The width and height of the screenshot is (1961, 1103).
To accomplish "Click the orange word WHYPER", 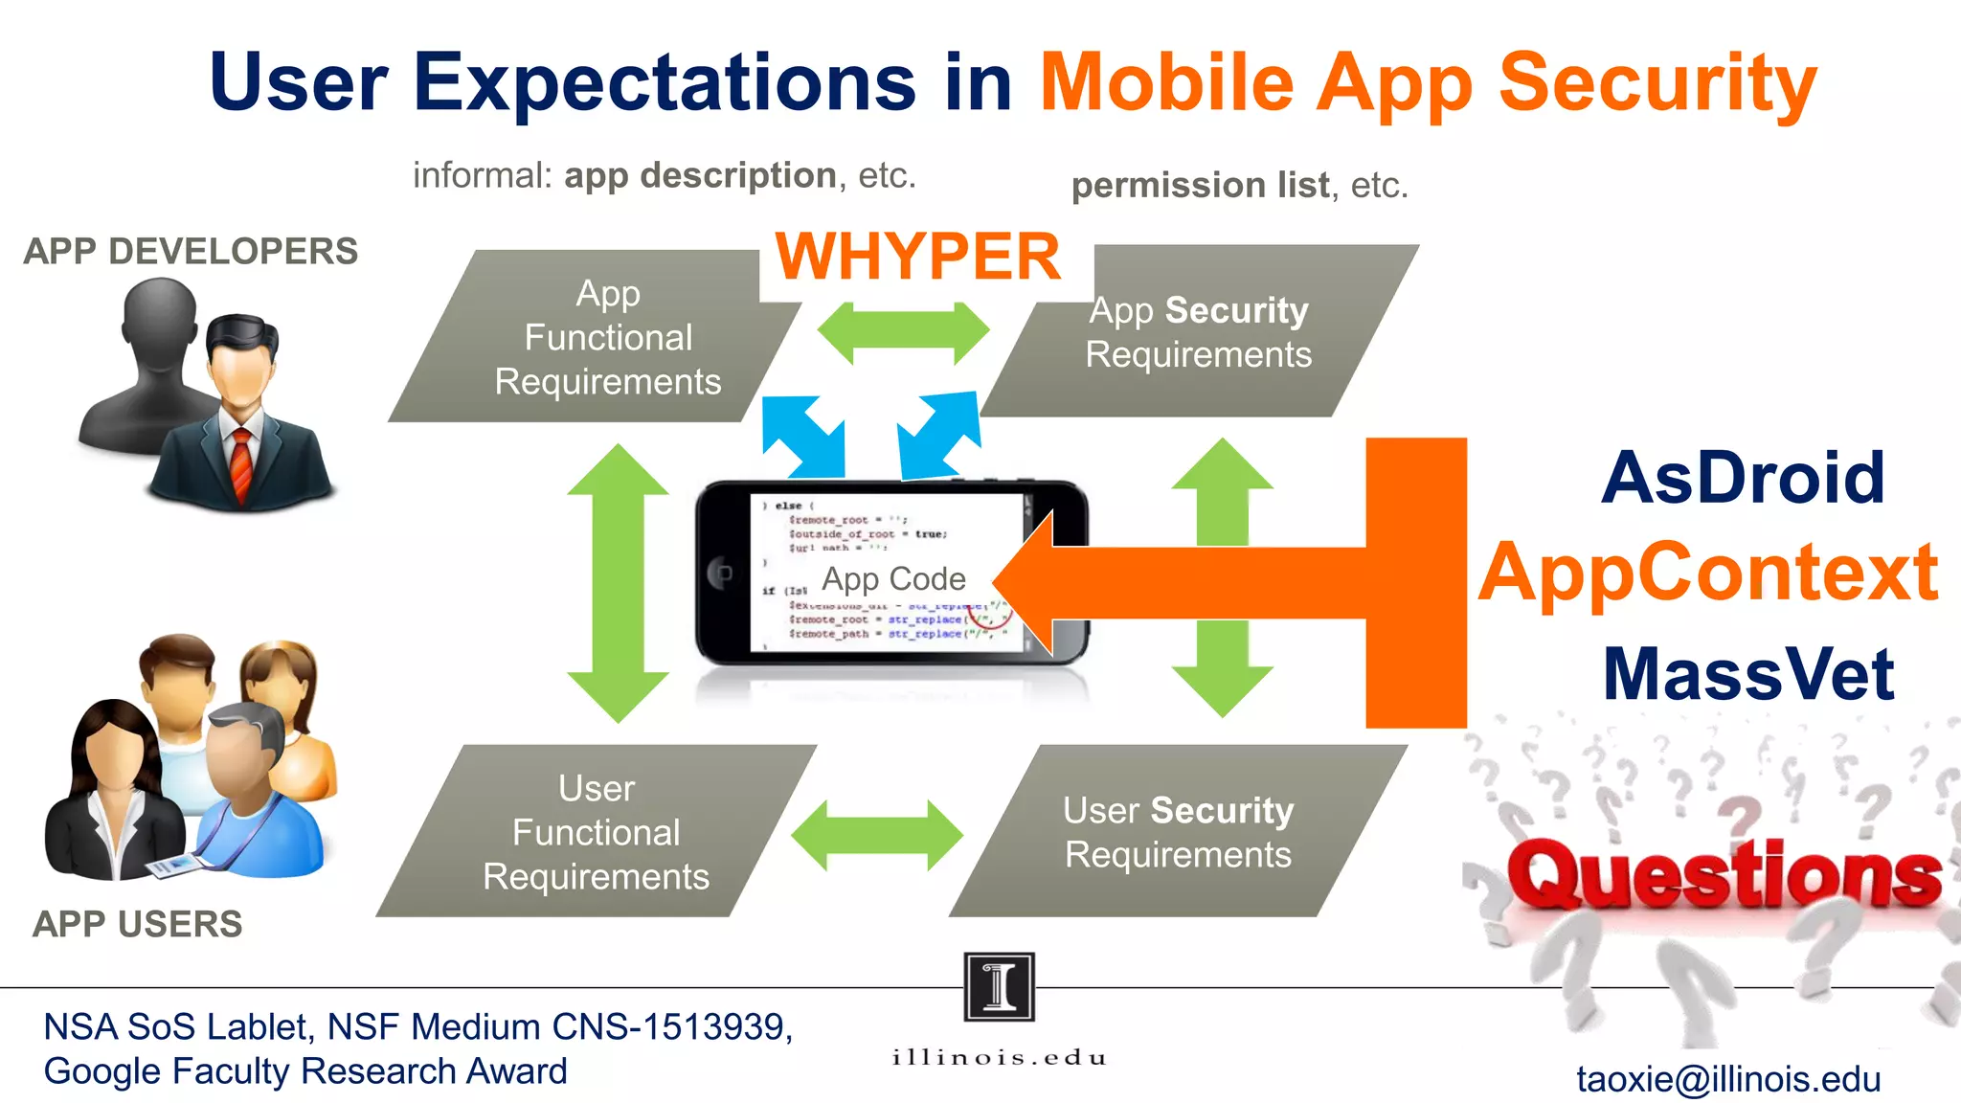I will click(917, 257).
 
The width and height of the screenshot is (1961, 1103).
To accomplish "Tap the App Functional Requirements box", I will click(607, 337).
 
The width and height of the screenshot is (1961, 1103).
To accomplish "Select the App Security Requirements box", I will click(1198, 332).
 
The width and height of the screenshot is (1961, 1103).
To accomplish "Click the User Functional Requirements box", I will click(596, 832).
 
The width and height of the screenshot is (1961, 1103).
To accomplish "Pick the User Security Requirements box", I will click(1178, 832).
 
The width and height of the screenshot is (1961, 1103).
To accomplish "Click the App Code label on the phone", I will click(893, 578).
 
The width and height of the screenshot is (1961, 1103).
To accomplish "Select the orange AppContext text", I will click(1708, 573).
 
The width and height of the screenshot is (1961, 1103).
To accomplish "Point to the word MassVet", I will click(1748, 674).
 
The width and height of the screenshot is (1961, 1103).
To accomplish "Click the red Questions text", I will click(1724, 875).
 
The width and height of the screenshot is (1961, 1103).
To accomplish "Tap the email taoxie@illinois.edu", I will click(1728, 1079).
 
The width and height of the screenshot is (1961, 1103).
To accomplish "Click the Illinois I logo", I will click(999, 986).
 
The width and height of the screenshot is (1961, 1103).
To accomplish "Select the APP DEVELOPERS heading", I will click(191, 251).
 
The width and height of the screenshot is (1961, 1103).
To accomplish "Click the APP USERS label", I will click(137, 924).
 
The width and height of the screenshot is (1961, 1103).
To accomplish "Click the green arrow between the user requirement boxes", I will click(876, 835).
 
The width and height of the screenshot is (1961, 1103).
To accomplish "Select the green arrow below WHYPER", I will click(902, 332).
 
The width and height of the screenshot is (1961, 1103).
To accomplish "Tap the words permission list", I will click(1200, 185).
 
